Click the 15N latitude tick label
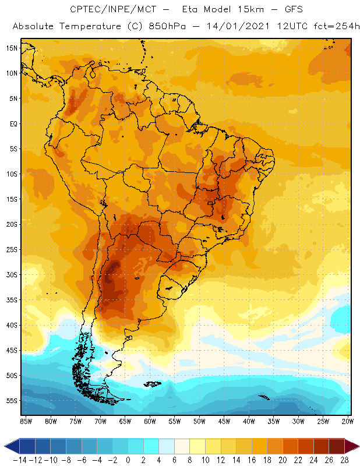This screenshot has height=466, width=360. pyautogui.click(x=12, y=48)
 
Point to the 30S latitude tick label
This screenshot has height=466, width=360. pyautogui.click(x=12, y=274)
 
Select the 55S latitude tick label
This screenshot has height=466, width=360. pyautogui.click(x=12, y=401)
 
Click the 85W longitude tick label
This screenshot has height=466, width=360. pyautogui.click(x=26, y=421)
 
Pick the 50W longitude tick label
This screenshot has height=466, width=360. pyautogui.click(x=200, y=421)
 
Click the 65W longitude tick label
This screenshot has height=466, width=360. pyautogui.click(x=125, y=421)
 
